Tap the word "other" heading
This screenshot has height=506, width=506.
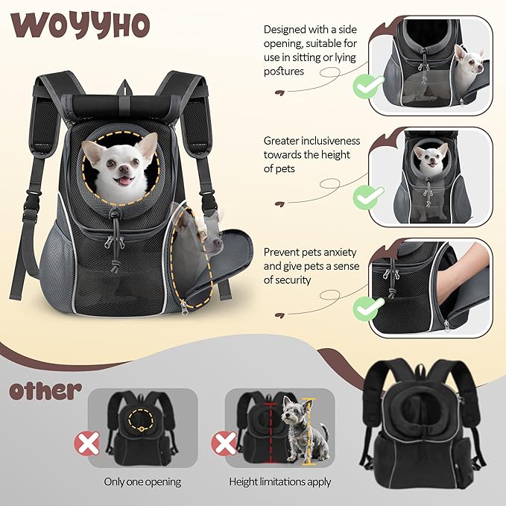46,390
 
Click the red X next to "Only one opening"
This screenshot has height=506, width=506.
87,445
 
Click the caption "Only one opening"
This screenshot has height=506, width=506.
142,482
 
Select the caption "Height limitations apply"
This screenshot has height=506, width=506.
279,482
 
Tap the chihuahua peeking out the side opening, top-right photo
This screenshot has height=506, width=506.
469,66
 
